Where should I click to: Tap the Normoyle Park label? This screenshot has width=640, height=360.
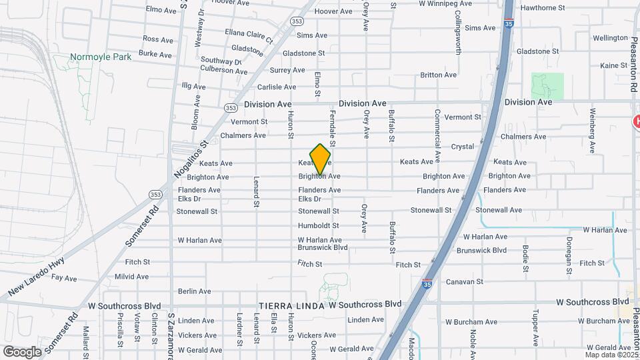[x=101, y=57]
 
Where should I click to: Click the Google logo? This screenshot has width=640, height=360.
[x=21, y=351]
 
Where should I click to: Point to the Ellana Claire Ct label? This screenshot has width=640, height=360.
[x=249, y=35]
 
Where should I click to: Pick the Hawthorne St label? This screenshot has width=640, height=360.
[x=543, y=8]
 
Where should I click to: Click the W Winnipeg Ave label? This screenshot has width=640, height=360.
[x=451, y=3]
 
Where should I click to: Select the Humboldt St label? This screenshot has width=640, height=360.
[x=319, y=226]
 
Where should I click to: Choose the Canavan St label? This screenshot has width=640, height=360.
[x=465, y=282]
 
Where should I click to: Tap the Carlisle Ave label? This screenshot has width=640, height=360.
[x=277, y=87]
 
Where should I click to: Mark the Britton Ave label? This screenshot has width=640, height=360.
[x=439, y=75]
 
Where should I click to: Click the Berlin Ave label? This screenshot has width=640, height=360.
[x=195, y=291]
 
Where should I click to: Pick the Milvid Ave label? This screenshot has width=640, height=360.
[x=131, y=277]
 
